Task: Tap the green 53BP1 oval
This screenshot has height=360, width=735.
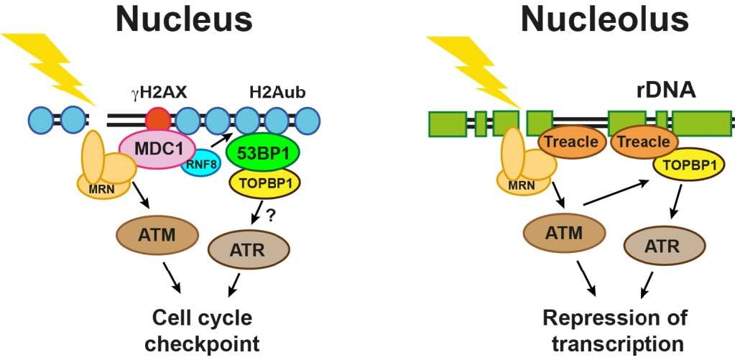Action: (x=263, y=152)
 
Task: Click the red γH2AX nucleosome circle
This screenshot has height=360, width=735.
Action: (x=157, y=119)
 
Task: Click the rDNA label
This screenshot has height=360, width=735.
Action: (x=656, y=91)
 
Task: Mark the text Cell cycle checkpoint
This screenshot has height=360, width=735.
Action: (x=200, y=328)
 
